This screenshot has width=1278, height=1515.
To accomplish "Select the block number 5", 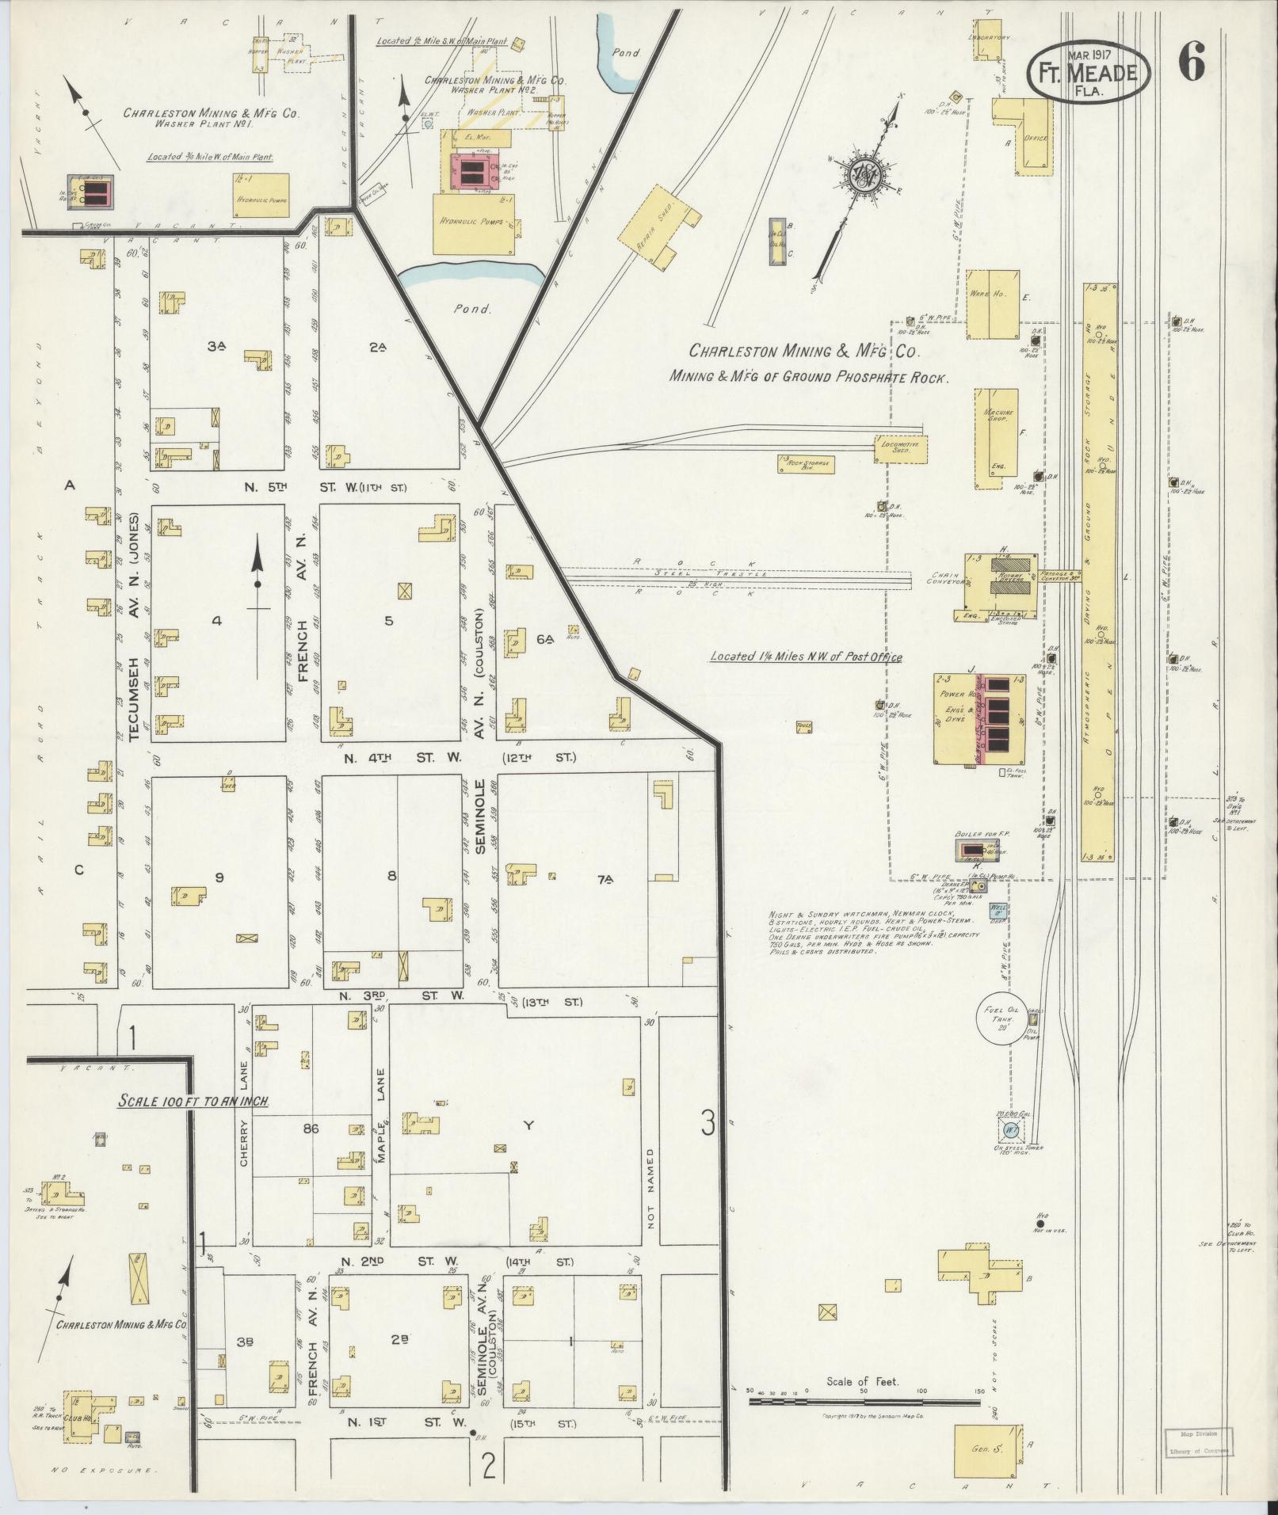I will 388,621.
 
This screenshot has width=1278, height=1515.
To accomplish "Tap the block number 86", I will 310,1129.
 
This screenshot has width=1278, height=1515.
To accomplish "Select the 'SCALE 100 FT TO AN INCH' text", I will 193,1101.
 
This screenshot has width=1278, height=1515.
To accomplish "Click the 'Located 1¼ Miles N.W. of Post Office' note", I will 806,657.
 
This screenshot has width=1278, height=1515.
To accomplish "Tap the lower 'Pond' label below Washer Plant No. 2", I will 472,310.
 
